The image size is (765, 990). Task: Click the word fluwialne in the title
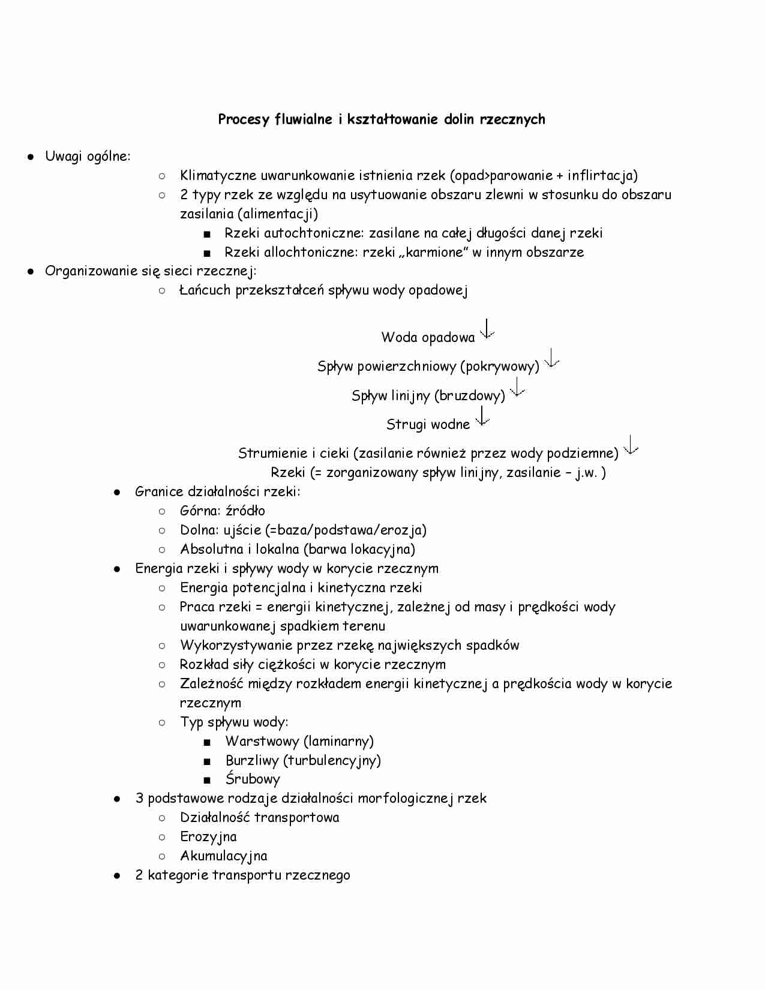[303, 119]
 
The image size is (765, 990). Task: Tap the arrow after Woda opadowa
[487, 329]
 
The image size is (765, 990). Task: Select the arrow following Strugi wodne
[482, 416]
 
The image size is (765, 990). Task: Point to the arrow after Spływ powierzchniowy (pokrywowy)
[551, 358]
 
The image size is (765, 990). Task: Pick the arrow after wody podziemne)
[631, 445]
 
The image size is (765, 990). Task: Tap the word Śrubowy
[253, 779]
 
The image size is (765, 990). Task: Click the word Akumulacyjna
[223, 856]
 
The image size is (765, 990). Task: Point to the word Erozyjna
[208, 836]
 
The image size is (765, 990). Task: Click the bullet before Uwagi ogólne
[29, 157]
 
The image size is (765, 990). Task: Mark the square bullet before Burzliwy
[207, 761]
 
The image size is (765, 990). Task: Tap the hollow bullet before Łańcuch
[162, 290]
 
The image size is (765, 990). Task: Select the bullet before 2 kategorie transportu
[118, 875]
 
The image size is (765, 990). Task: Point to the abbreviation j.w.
[586, 472]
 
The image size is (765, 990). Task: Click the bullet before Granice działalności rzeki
[118, 492]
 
